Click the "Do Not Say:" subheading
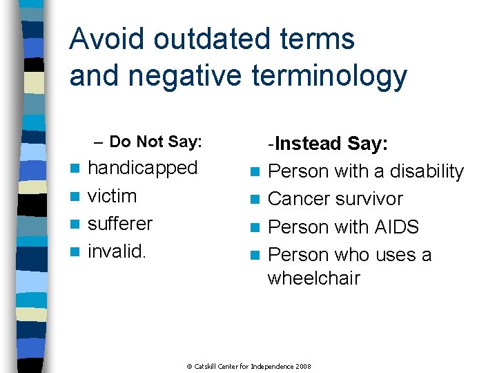155,142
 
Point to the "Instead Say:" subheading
331,144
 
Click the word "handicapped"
143,169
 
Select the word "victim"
113,196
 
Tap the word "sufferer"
120,224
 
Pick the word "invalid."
117,251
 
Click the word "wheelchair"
314,278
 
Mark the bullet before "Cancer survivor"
255,200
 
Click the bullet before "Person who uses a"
255,256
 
